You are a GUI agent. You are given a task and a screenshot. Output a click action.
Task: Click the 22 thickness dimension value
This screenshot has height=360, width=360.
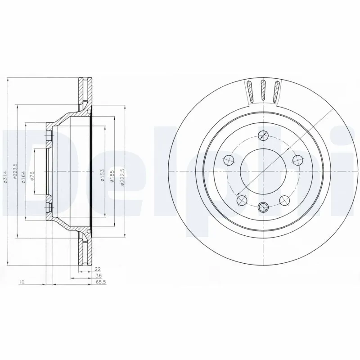click(96, 270)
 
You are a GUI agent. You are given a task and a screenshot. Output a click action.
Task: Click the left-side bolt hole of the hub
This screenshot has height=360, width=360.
click(229, 160)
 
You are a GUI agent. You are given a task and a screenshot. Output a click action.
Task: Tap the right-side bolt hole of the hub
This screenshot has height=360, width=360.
click(297, 159)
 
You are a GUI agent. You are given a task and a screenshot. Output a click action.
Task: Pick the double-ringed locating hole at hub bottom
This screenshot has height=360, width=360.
click(263, 207)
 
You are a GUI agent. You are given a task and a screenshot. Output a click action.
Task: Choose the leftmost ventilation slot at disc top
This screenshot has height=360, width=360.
click(250, 91)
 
